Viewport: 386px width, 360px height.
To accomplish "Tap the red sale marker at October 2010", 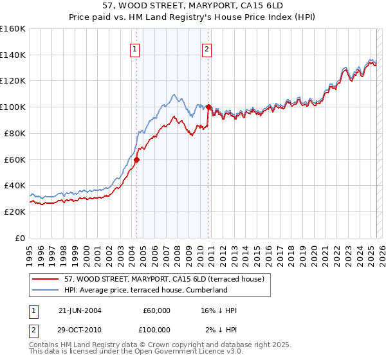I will point(208,107).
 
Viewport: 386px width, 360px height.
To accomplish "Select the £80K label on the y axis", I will point(15,133).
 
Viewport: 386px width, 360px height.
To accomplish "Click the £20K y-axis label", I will point(15,212).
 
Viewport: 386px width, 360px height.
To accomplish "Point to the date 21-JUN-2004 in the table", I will point(80,310).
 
